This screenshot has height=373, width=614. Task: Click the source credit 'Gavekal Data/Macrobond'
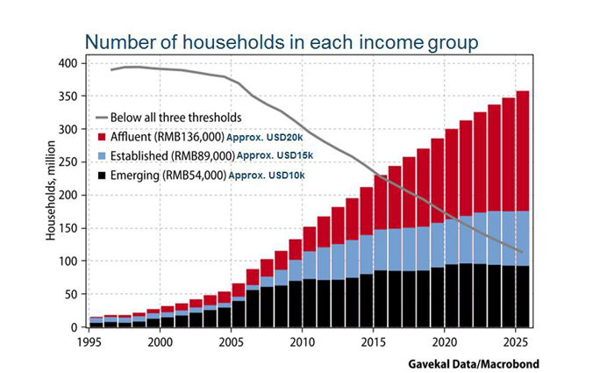pyautogui.click(x=475, y=361)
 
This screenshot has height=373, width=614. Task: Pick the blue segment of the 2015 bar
pyautogui.click(x=367, y=249)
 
